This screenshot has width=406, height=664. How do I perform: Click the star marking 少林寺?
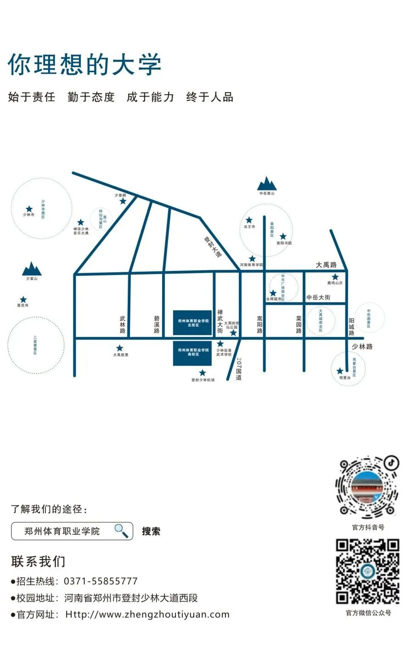(29, 209)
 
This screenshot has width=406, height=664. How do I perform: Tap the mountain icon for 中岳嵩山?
(266, 183)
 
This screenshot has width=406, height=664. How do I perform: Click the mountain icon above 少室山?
(32, 269)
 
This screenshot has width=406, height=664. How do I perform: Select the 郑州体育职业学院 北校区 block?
(192, 322)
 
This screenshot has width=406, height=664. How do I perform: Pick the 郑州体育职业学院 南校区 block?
(192, 353)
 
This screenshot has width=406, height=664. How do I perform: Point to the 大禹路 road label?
(326, 265)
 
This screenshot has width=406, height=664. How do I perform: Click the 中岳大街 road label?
(318, 298)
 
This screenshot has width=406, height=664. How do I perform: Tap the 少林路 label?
(362, 346)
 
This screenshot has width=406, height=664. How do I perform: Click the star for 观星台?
(340, 371)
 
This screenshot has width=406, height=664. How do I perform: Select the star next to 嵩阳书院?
(283, 236)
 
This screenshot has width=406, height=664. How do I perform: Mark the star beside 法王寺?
(249, 220)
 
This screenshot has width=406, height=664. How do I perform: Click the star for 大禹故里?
(120, 348)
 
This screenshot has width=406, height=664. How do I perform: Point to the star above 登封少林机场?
(203, 373)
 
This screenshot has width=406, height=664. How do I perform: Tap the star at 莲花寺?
(23, 300)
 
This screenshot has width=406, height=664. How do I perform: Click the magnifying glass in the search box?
(121, 531)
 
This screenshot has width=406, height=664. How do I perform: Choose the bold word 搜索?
(151, 531)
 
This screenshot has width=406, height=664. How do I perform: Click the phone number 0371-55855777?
(101, 581)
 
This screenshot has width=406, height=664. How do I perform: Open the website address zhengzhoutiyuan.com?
(147, 614)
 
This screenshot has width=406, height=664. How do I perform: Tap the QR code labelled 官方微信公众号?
(367, 571)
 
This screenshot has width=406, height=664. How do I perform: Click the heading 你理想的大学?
(85, 64)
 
